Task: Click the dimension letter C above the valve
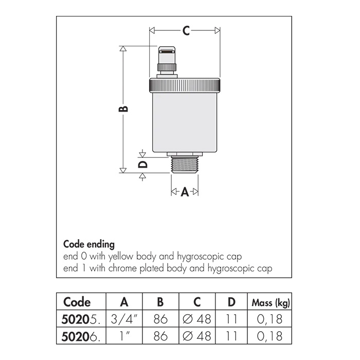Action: tap(186, 30)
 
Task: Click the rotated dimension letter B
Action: tap(123, 109)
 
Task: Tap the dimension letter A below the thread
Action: tap(185, 192)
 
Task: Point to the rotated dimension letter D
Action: tap(143, 165)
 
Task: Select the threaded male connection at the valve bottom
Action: tap(185, 165)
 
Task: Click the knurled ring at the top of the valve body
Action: tap(185, 85)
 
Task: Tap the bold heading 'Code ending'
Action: tap(89, 245)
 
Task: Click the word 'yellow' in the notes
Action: tap(121, 257)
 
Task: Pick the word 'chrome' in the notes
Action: tap(122, 268)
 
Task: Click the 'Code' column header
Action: tap(77, 302)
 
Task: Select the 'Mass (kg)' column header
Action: tap(271, 303)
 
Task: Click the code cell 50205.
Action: tap(81, 319)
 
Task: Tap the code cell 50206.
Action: tap(81, 336)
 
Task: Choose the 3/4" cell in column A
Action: tap(124, 319)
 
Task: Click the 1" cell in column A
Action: tap(124, 336)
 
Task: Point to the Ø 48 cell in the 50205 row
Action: tap(197, 319)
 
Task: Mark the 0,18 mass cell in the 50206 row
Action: tap(269, 336)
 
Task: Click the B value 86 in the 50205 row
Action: tap(160, 319)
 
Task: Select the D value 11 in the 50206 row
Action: tap(231, 336)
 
